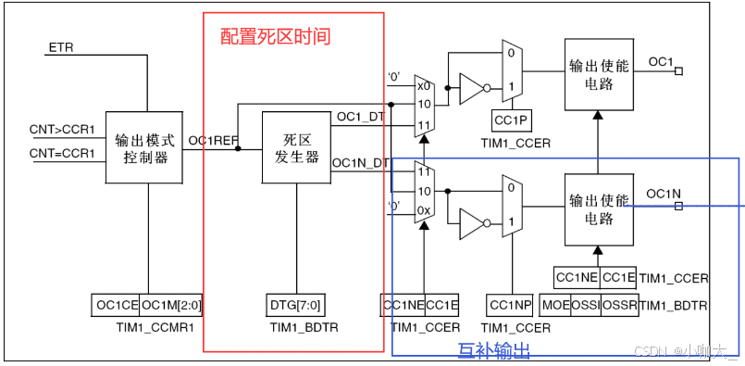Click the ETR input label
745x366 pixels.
61,46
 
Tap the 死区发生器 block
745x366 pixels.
296,148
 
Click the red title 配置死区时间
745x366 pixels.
275,37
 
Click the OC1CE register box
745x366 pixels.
115,305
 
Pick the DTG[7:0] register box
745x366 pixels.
296,305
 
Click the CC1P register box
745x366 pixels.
510,120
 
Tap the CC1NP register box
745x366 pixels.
510,305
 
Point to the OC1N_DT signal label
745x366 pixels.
360,163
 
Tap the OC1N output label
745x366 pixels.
664,194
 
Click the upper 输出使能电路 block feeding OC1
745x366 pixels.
598,78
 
